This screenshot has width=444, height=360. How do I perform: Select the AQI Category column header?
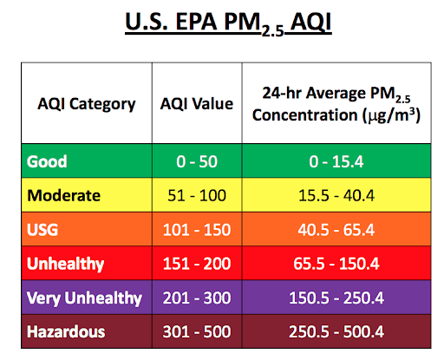coord(81,104)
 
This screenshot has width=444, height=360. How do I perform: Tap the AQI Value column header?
coord(197,104)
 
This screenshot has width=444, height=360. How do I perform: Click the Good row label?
coord(48,161)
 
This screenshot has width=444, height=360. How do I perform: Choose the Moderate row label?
coord(63,195)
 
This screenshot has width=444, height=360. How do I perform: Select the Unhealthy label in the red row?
coord(65,264)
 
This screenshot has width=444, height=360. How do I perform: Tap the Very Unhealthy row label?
coord(84,298)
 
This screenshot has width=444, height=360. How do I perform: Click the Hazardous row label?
coord(66,332)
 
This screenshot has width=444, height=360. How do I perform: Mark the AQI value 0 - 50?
coord(197,161)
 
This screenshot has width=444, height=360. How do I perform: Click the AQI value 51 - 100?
coord(197,195)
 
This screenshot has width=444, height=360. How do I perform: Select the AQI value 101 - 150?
coord(197,230)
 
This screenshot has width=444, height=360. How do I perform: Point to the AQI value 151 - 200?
coord(197,264)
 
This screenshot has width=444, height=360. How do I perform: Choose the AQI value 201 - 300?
coord(197,298)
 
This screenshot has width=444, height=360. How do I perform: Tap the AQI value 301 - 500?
coord(197,332)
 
